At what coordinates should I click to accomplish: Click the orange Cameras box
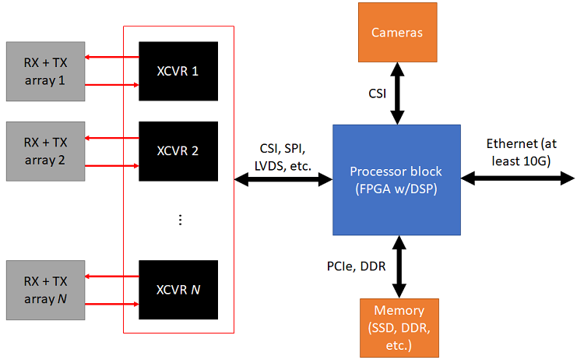click(397, 33)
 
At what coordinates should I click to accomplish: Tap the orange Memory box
click(399, 327)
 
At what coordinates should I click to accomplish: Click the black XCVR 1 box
click(178, 70)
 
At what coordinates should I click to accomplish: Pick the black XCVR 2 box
click(178, 150)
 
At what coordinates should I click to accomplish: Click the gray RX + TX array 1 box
click(45, 70)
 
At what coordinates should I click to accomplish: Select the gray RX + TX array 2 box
click(45, 150)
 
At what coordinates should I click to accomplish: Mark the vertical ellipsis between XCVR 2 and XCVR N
click(179, 220)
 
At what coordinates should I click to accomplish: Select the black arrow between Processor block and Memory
click(399, 266)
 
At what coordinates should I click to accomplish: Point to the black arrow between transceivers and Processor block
click(283, 179)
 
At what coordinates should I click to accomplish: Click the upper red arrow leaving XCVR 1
click(112, 57)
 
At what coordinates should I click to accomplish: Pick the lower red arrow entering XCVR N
click(112, 302)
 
